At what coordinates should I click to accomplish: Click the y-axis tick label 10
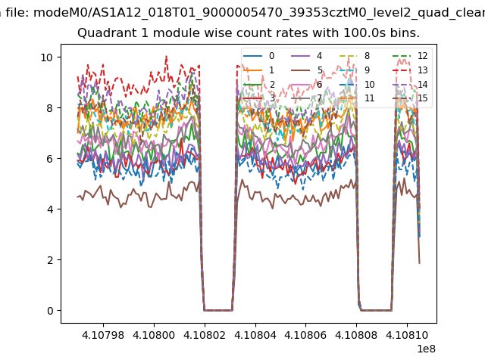[x=47, y=57]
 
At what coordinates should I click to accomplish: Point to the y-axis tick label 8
[x=50, y=108]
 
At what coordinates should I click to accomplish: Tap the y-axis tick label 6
[x=50, y=159]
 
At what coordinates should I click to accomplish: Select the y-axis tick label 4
[x=50, y=209]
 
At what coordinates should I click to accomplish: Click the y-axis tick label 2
[x=50, y=260]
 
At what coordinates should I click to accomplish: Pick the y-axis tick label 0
[x=50, y=311]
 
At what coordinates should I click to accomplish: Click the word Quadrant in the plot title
[x=103, y=33]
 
